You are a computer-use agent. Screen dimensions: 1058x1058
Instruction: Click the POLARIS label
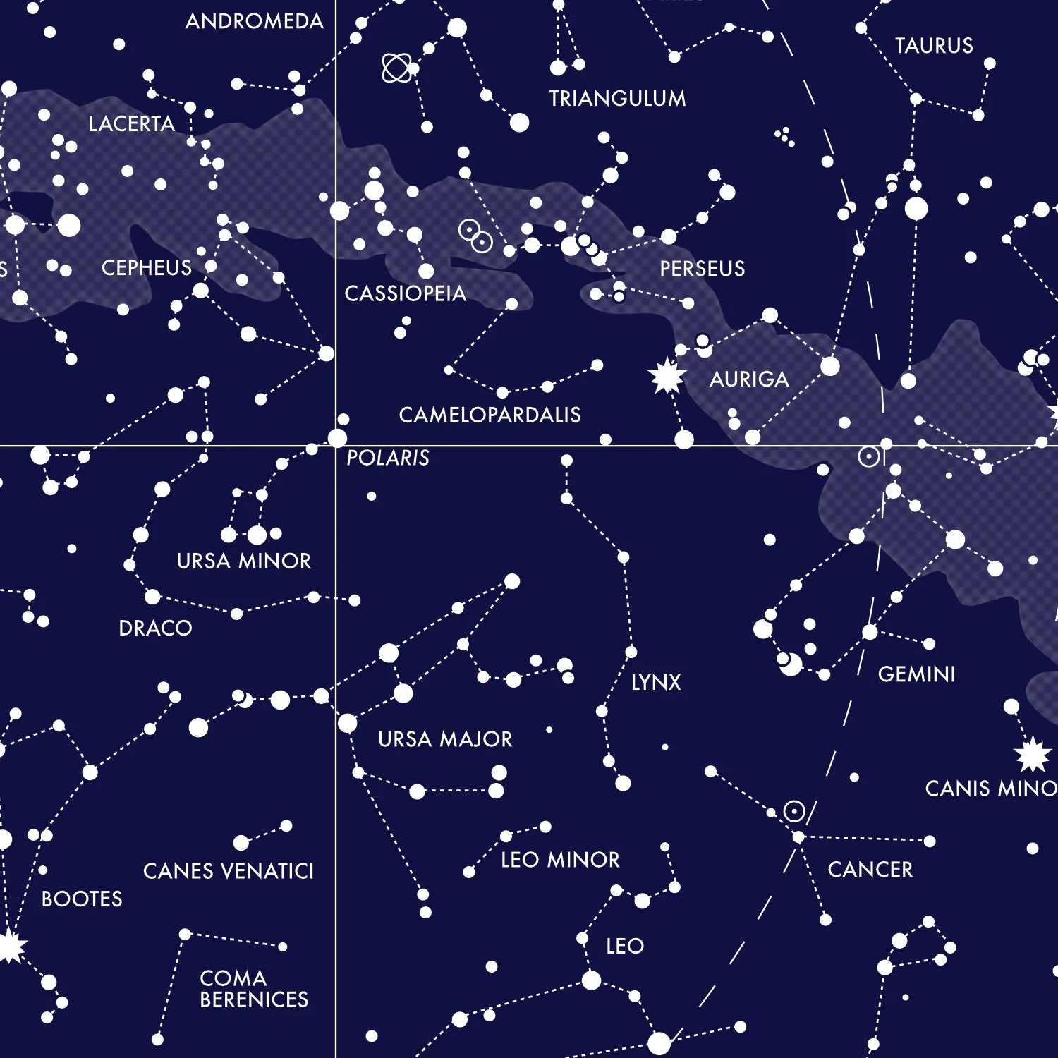pyautogui.click(x=388, y=458)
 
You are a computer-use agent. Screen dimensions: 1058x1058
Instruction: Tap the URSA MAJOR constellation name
pyautogui.click(x=445, y=739)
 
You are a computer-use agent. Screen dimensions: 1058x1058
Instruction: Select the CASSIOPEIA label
pyautogui.click(x=406, y=293)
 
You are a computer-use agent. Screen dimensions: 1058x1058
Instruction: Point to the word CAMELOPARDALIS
pyautogui.click(x=490, y=415)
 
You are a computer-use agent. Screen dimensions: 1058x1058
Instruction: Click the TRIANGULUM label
pyautogui.click(x=617, y=98)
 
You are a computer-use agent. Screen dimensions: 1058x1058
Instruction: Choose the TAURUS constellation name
pyautogui.click(x=934, y=46)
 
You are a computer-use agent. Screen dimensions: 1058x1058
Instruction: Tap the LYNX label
pyautogui.click(x=656, y=682)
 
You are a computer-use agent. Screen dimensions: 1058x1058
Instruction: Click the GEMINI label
pyautogui.click(x=916, y=674)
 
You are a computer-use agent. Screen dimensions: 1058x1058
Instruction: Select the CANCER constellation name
pyautogui.click(x=870, y=870)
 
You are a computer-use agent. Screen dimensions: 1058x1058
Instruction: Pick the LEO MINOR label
pyautogui.click(x=560, y=860)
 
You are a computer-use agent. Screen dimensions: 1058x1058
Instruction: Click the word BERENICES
pyautogui.click(x=254, y=999)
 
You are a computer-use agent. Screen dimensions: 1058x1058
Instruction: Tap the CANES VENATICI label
pyautogui.click(x=229, y=871)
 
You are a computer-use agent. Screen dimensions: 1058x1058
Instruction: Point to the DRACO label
pyautogui.click(x=155, y=628)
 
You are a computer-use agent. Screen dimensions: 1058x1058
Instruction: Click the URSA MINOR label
pyautogui.click(x=244, y=561)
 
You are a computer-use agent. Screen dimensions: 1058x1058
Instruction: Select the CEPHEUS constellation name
pyautogui.click(x=147, y=268)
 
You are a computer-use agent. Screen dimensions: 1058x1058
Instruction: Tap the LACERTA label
pyautogui.click(x=132, y=124)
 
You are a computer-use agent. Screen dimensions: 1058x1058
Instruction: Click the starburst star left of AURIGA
pyautogui.click(x=667, y=375)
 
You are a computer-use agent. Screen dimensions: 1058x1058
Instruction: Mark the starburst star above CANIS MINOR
pyautogui.click(x=1033, y=754)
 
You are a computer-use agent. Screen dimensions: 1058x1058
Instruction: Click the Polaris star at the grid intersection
pyautogui.click(x=338, y=438)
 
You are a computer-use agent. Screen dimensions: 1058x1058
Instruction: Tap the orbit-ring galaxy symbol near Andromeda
pyautogui.click(x=396, y=68)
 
